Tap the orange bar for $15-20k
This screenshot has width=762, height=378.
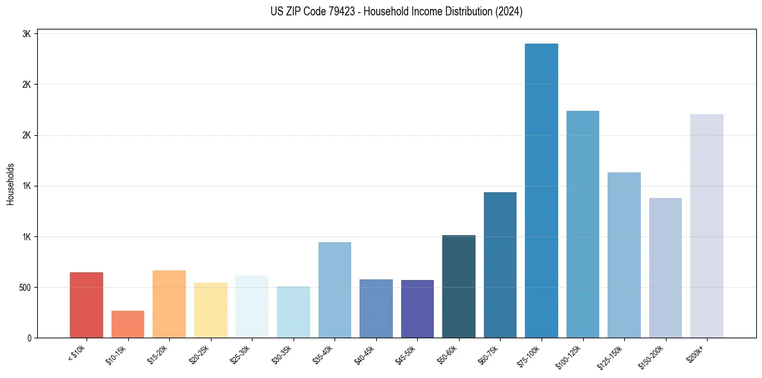169,304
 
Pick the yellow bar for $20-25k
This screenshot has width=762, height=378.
211,310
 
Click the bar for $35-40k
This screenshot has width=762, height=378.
335,290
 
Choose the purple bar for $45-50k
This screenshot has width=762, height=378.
417,309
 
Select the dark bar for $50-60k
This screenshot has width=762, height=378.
459,286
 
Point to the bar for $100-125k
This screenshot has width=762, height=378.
583,224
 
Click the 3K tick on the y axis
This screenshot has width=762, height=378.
26,34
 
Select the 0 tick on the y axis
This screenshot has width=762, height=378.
29,338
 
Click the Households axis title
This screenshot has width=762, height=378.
11,184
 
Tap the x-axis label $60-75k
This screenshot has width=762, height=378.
488,353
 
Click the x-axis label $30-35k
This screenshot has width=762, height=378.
281,353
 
